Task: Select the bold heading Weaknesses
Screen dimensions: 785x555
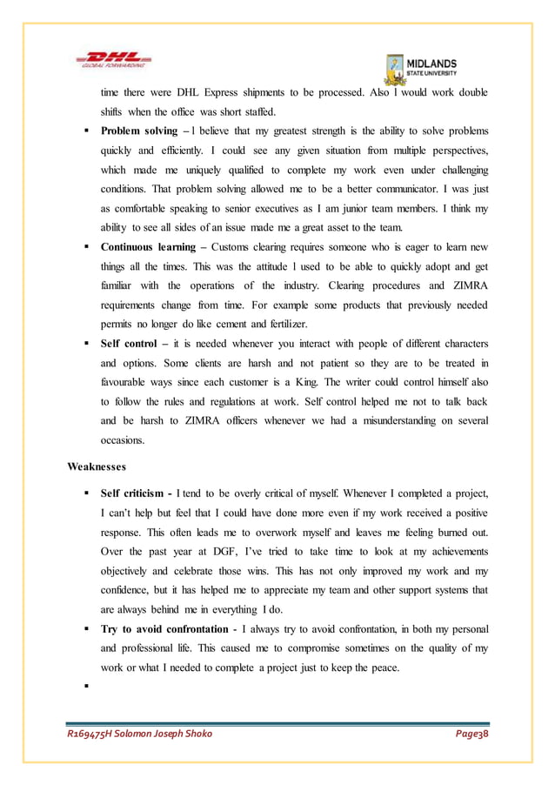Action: click(97, 466)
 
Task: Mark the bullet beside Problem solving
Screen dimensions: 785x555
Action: click(88, 129)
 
